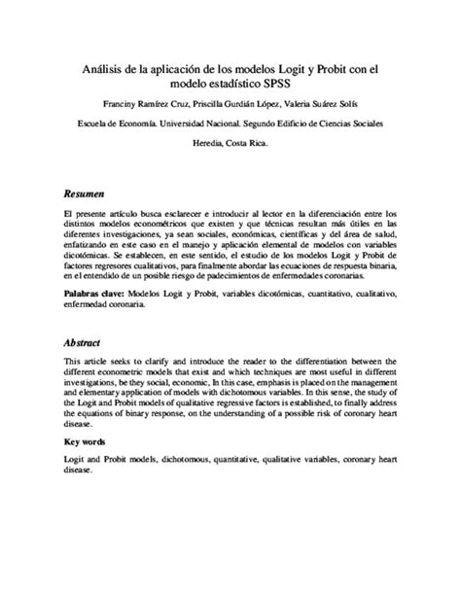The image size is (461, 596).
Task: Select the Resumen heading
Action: (85, 193)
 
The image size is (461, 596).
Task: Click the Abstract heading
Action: (83, 343)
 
